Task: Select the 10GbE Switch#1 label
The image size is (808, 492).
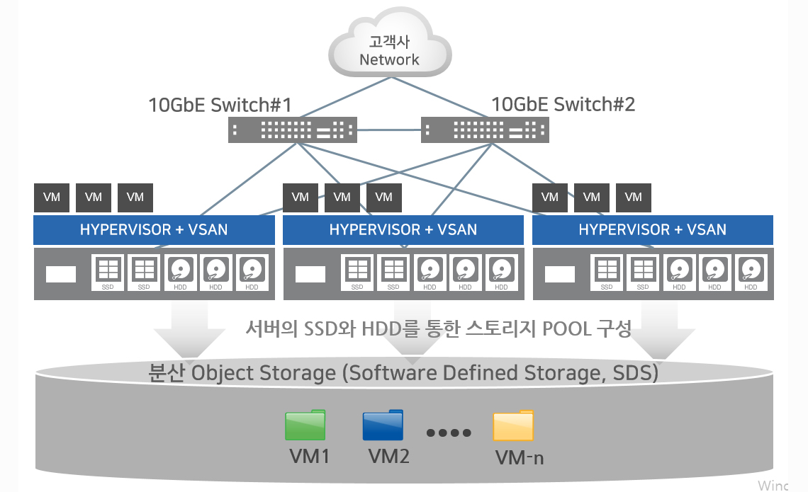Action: click(220, 105)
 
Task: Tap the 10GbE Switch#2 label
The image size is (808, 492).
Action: click(563, 105)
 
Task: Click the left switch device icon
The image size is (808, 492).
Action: click(292, 130)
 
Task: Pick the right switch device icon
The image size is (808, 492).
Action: click(485, 130)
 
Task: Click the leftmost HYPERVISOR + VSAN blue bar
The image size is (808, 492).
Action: click(154, 229)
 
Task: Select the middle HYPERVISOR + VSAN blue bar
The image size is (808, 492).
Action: click(403, 229)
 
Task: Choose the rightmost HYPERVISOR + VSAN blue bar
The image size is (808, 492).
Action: click(653, 229)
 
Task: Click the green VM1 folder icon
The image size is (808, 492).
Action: click(305, 425)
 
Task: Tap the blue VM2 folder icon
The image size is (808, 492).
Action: click(383, 425)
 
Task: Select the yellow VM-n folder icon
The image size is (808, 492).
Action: click(514, 425)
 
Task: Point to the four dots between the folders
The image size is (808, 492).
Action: click(449, 433)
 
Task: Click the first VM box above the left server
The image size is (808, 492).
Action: click(52, 197)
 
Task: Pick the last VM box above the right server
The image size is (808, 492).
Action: click(634, 197)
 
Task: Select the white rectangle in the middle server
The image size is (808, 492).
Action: click(310, 274)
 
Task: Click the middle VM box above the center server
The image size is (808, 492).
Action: click(342, 197)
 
